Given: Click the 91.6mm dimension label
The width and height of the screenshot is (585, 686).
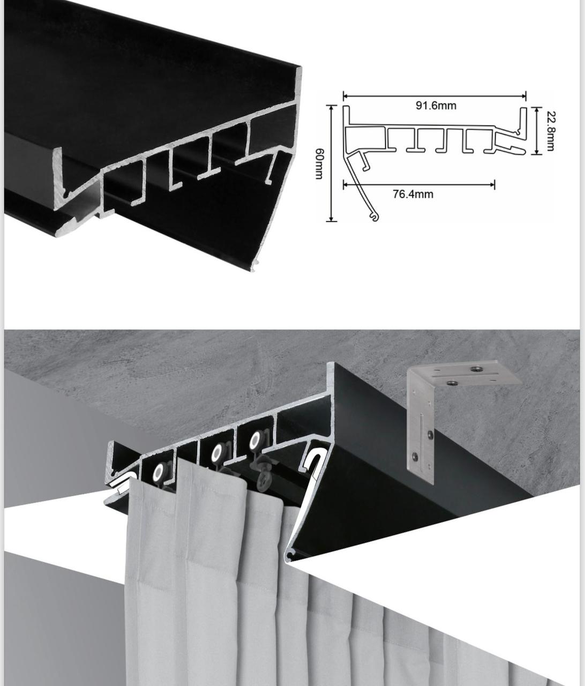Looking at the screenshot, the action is [436, 106].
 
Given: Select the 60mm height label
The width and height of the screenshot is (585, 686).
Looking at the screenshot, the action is [319, 163].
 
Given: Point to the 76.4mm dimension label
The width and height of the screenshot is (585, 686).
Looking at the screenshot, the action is [413, 194].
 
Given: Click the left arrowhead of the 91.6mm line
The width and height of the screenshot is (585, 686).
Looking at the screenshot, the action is [346, 96].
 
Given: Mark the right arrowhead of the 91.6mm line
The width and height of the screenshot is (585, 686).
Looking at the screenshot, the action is [523, 96].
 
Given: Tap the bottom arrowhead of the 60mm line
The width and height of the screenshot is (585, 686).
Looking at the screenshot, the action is [331, 218].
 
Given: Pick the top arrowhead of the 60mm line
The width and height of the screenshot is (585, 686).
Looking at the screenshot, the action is [331, 108].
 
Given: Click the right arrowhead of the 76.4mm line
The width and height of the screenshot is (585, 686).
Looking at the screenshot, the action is [492, 184].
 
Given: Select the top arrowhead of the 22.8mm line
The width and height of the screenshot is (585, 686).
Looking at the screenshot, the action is [537, 110].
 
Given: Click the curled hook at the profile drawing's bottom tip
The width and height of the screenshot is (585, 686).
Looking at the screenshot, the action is [374, 217].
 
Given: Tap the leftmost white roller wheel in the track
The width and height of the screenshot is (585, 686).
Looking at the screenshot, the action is [158, 473].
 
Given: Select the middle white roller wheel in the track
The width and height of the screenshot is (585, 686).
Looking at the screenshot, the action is [217, 452].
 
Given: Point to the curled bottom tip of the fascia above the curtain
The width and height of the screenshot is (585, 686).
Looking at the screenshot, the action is [290, 561].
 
